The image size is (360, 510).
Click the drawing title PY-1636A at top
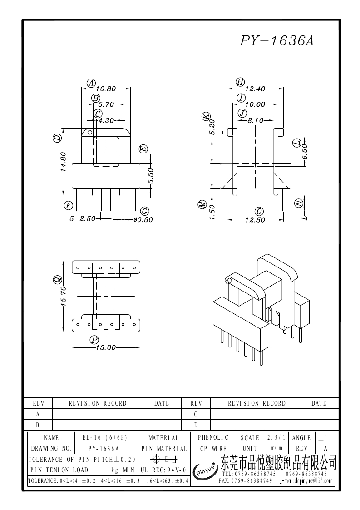coord(276,41)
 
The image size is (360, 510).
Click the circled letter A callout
coord(91,83)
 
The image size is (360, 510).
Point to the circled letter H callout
coord(240,82)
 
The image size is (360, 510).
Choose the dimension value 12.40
coord(255,89)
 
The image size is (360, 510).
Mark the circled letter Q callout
coord(58,280)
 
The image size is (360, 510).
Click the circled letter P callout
coord(94,340)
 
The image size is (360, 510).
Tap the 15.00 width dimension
coord(106,348)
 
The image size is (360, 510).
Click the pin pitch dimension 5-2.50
coord(82,219)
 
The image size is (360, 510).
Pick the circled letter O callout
coord(259,212)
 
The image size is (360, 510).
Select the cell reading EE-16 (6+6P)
coord(104,438)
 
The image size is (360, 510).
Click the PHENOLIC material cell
coord(212,437)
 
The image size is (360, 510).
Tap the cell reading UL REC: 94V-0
coord(163,470)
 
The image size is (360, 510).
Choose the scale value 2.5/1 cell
coord(276,438)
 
